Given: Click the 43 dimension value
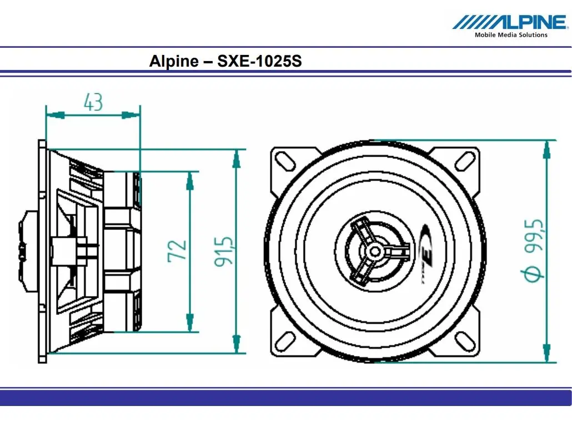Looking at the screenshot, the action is click(x=93, y=102).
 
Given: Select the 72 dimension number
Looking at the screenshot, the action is click(x=177, y=250).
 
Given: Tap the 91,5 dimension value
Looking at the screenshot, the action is click(x=223, y=252).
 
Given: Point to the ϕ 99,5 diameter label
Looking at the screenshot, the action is click(x=534, y=250).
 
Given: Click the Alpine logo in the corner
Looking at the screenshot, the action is click(x=510, y=22).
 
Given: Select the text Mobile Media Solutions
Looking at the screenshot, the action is click(x=511, y=35).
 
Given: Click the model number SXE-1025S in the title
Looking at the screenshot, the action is click(x=259, y=61).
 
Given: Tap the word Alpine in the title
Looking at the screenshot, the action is click(x=174, y=61).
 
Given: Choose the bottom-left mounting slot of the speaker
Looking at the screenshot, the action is click(x=285, y=342).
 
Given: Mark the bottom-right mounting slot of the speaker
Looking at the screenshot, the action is click(x=465, y=342).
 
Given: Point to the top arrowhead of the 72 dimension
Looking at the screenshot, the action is click(x=190, y=181).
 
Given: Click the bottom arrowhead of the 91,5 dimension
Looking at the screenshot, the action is click(x=237, y=344).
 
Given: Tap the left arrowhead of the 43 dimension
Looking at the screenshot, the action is click(x=56, y=116).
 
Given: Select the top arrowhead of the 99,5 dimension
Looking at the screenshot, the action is click(x=546, y=149).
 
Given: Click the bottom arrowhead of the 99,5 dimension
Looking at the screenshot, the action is click(x=546, y=353).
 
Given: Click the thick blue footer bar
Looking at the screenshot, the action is click(x=285, y=397).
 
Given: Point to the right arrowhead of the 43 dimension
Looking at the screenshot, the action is click(x=131, y=116).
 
